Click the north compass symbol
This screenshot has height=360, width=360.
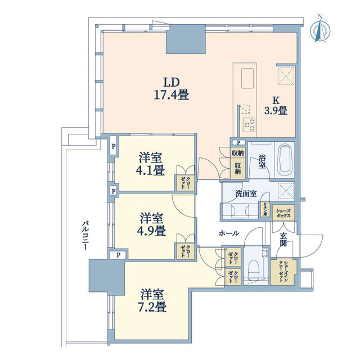click(320, 29)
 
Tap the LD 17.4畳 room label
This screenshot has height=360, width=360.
click(171, 89)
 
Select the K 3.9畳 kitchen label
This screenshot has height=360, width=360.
click(276, 106)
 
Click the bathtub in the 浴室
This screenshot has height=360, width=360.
click(285, 159)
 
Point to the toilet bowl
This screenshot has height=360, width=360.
click(254, 268)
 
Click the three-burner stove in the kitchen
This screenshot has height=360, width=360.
click(249, 124)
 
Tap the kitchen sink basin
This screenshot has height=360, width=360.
click(247, 78)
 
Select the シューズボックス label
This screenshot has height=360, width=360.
click(283, 213)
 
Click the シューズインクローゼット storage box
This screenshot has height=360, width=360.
click(283, 272)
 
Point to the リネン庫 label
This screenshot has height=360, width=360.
click(265, 209)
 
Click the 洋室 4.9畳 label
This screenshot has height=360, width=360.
click(151, 224)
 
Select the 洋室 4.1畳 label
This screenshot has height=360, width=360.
click(150, 164)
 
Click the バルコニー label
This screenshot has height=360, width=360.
click(85, 235)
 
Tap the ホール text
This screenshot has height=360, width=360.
click(229, 233)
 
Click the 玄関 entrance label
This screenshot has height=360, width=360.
click(283, 240)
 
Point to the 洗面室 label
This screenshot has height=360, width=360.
click(246, 193)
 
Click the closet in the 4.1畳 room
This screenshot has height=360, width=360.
click(185, 183)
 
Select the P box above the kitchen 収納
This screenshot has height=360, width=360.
click(238, 142)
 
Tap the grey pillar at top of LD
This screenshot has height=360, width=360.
click(186, 39)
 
